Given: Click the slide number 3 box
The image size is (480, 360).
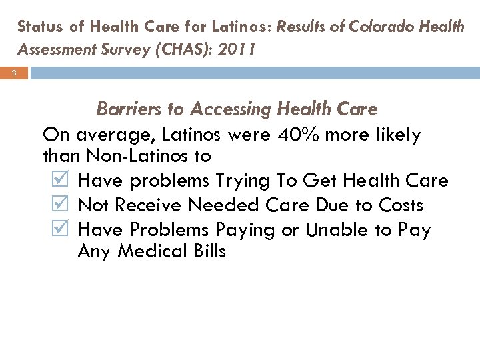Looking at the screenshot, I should click(x=13, y=74).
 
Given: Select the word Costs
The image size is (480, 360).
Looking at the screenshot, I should click(x=401, y=205).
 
